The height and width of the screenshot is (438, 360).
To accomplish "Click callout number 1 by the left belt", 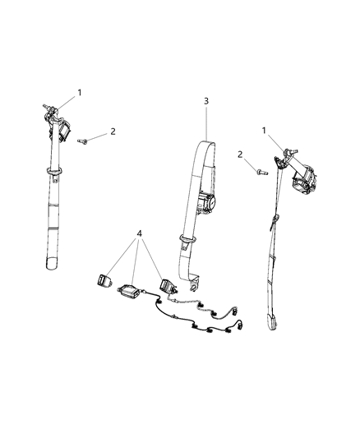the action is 80,93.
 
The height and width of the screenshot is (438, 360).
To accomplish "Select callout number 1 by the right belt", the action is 264,131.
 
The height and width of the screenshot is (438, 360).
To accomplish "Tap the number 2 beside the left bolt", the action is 113,131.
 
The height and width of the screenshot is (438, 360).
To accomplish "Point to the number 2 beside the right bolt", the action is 240,154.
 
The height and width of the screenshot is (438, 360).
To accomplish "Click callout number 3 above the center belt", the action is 206,101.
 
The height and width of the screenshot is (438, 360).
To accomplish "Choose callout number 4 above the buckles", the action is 140,233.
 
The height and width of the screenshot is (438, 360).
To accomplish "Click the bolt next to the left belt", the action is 83,141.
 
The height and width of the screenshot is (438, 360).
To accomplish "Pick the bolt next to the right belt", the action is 262,172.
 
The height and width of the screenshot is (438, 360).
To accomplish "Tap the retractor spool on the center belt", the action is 205,202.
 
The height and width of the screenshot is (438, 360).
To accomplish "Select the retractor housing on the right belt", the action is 304,180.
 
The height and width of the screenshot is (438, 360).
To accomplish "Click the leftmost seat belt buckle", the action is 104,280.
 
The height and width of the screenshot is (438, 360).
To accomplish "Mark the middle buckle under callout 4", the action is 128,291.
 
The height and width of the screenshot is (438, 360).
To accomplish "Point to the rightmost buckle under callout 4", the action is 168,286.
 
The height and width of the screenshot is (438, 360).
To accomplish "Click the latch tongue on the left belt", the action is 54,173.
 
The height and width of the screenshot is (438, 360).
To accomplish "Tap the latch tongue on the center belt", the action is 187,242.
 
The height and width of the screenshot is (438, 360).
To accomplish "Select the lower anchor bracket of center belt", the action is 194,284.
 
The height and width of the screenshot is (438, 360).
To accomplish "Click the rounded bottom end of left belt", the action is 52,264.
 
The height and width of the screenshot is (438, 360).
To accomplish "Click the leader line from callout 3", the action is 206,123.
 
